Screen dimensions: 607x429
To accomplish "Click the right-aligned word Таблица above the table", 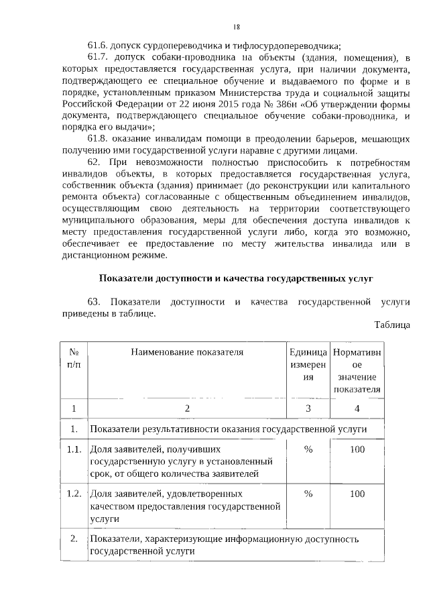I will (392, 325).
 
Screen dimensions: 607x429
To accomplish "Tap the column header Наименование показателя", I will (187, 351).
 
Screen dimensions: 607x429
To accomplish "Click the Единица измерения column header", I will (308, 364).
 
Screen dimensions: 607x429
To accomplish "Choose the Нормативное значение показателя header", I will (357, 370).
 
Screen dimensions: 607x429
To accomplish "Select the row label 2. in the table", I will (74, 539).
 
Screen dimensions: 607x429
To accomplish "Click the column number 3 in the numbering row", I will (308, 408).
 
